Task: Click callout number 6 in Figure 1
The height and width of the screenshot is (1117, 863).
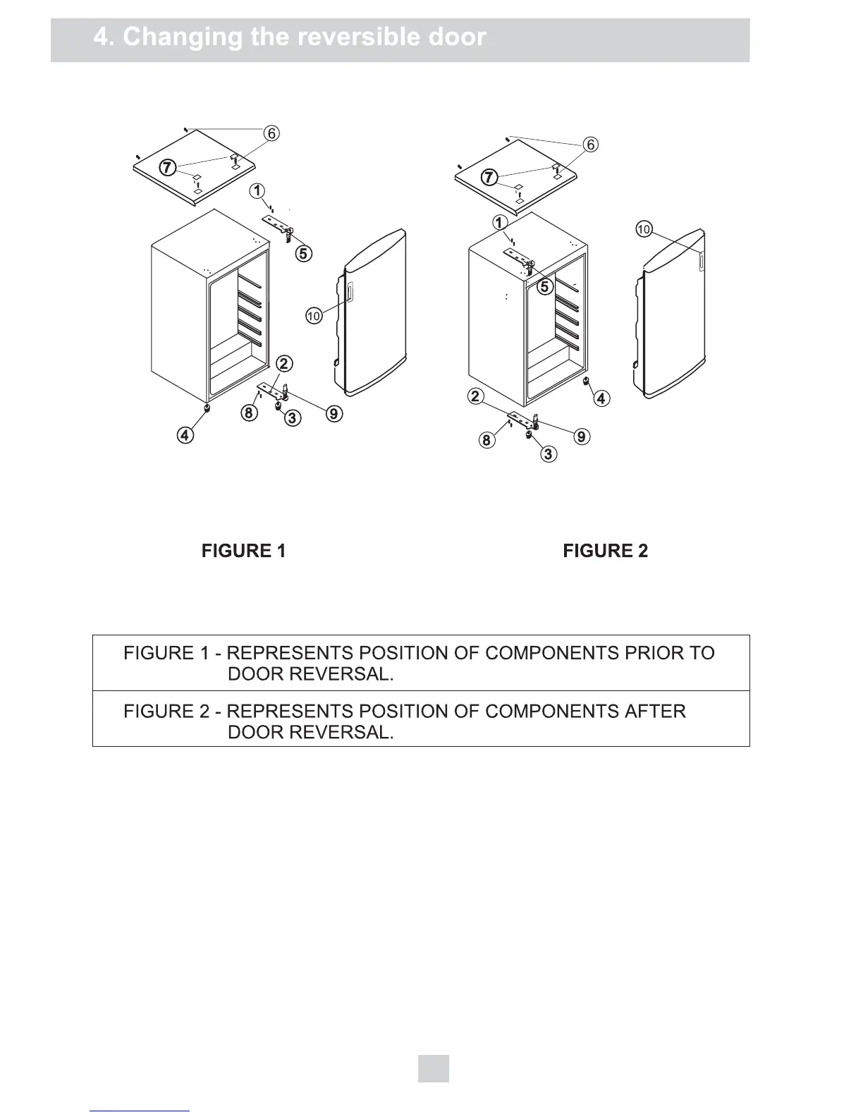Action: coord(271,133)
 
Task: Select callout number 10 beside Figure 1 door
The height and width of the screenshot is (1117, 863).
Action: coord(314,316)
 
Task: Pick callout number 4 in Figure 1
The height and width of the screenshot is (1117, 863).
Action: coord(185,435)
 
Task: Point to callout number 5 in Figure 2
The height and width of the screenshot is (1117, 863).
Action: coord(544,286)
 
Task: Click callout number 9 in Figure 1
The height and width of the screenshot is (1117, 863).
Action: coord(335,414)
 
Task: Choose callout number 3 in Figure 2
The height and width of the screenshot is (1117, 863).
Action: coord(549,453)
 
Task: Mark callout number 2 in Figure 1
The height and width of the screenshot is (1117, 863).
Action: coord(284,364)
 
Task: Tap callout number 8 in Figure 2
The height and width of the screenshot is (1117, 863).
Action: coord(486,441)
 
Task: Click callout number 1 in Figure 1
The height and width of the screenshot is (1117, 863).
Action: coord(259,191)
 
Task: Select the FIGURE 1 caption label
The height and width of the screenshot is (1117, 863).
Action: coord(243,551)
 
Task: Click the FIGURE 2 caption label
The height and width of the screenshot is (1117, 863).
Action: coord(605,551)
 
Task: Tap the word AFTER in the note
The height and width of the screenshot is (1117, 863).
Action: coord(655,711)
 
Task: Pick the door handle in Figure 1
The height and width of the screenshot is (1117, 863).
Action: coord(349,291)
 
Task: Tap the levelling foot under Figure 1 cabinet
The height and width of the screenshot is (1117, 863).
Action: coord(207,408)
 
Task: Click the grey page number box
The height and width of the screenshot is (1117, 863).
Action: coord(433,1068)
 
